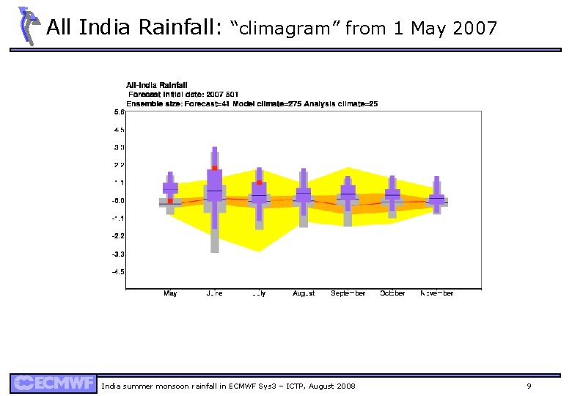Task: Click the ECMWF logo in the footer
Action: tap(53, 384)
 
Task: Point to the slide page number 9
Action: tap(529, 386)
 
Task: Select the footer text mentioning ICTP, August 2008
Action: tap(228, 386)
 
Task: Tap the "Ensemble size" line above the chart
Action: tap(252, 104)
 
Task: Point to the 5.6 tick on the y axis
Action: tap(118, 112)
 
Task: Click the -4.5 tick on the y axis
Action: tap(118, 271)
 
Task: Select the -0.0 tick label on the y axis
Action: tap(118, 200)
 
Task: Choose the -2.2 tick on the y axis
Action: tap(118, 236)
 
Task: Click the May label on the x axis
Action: tap(170, 293)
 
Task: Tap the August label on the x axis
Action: tap(304, 293)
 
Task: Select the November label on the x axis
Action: tap(436, 293)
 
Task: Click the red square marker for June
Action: tap(215, 168)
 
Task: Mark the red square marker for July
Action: tap(259, 182)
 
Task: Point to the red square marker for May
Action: tap(170, 200)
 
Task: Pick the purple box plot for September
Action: tap(348, 192)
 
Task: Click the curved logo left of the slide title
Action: tap(27, 25)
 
